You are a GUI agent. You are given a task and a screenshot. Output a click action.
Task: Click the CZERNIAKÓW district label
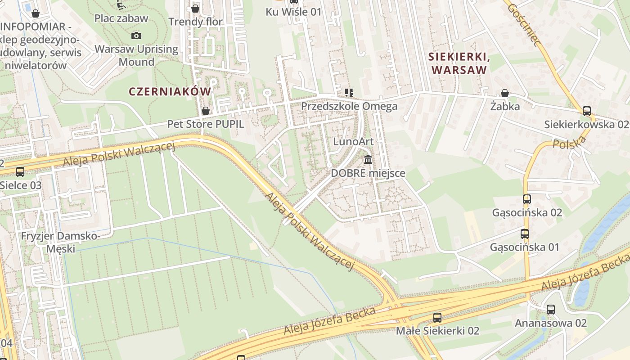click(x=170, y=91)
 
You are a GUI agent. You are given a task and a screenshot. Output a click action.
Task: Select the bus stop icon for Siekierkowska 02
click(x=586, y=111)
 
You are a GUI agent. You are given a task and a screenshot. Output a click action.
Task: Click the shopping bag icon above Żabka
click(x=505, y=93)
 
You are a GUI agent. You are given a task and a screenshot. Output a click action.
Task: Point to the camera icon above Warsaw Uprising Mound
click(x=136, y=36)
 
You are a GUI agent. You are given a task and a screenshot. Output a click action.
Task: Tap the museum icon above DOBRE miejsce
click(x=368, y=159)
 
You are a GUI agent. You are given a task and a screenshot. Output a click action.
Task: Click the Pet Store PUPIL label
click(x=206, y=124)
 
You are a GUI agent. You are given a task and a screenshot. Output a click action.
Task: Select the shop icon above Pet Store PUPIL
click(x=206, y=110)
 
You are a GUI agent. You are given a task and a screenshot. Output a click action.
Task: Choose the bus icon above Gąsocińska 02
click(x=526, y=199)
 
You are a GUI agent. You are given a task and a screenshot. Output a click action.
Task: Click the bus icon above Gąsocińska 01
click(x=524, y=234)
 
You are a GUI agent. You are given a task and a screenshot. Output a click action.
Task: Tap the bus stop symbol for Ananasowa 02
click(x=550, y=310)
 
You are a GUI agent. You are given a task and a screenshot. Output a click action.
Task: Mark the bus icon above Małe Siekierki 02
click(x=437, y=317)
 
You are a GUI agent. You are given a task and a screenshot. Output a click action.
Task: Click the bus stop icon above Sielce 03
click(x=20, y=171)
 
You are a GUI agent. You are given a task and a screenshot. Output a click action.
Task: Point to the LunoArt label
click(x=353, y=142)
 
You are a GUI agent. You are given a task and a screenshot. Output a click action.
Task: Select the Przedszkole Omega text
click(x=349, y=106)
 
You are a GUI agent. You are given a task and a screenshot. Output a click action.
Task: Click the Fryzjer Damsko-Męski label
click(x=61, y=242)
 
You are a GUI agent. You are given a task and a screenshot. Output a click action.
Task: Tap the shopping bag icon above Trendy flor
click(x=195, y=9)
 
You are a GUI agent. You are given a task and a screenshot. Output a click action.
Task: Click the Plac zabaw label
click(x=121, y=18)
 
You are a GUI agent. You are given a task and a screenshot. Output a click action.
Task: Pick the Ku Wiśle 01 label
click(x=294, y=12)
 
